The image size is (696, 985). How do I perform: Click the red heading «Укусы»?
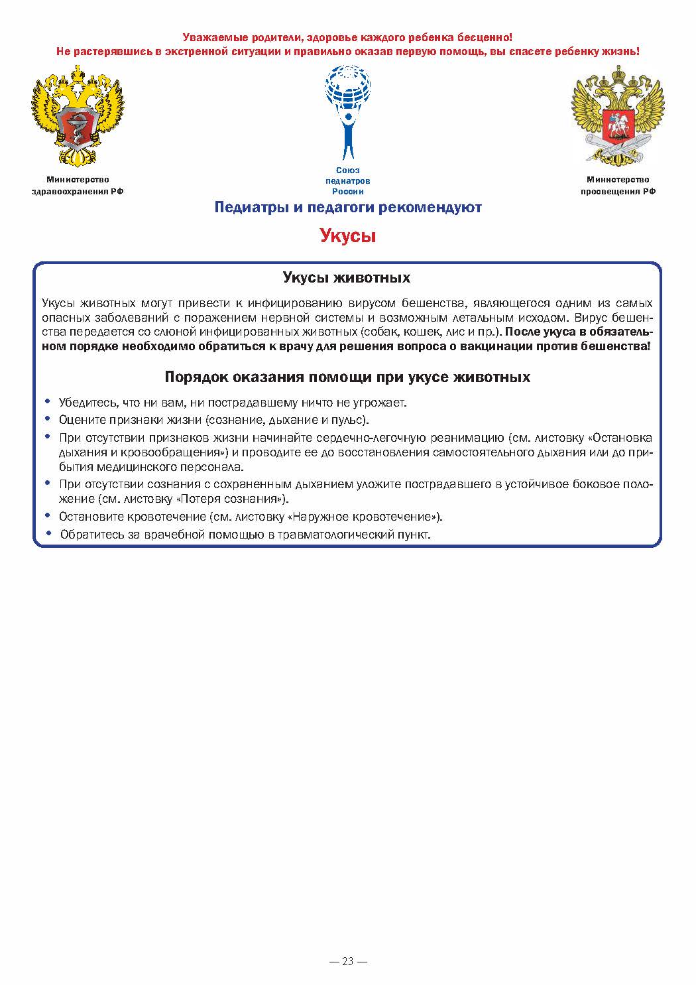pos(347,235)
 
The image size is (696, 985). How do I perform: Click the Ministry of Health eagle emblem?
pos(77,116)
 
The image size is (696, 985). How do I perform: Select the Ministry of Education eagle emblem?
pos(618,116)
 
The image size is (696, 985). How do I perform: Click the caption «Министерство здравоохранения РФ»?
pos(78,185)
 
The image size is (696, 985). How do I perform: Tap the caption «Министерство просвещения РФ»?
pos(618,185)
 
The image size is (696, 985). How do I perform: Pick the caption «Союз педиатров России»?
pos(347,180)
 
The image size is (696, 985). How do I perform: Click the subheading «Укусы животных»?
pos(346,277)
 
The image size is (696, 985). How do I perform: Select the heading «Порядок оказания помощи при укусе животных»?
pos(347,377)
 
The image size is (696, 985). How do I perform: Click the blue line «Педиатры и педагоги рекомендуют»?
pos(347,207)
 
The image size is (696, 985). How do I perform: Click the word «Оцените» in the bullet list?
pos(78,420)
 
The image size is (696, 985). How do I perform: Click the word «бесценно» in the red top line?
pos(489,38)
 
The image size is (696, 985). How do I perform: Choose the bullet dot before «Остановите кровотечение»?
pos(47,515)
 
